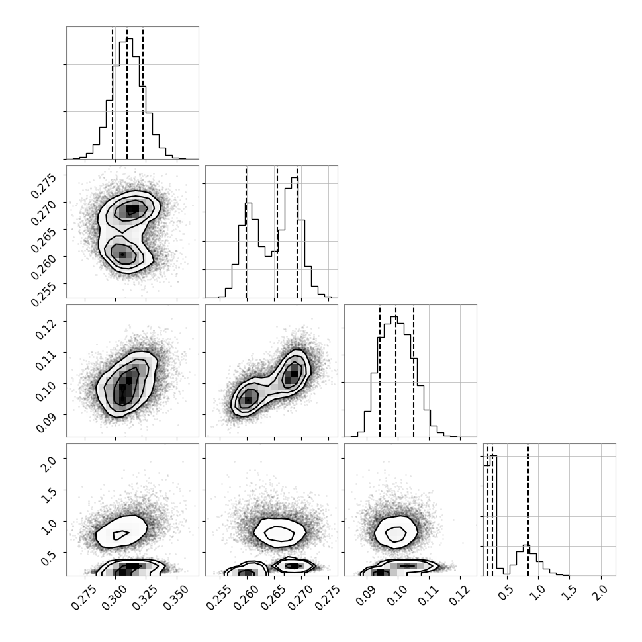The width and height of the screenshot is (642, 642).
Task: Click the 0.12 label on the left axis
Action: point(46,329)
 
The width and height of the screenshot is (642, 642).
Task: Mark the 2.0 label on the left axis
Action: point(49,462)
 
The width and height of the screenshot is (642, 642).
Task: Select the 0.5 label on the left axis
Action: point(49,557)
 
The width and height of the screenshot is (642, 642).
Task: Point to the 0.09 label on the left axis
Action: point(46,422)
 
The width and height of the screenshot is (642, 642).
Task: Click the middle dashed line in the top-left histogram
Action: point(127,93)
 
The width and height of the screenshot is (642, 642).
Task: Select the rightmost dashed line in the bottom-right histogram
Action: point(528,510)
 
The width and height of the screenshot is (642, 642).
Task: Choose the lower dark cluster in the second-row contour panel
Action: point(122,255)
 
